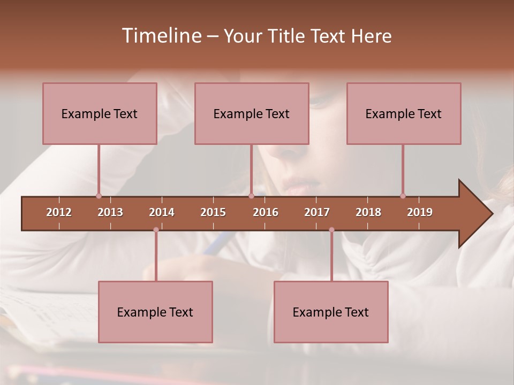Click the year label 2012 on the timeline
coord(59,212)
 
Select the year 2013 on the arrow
coord(110,212)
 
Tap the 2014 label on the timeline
coord(162,212)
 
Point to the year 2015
coord(213,212)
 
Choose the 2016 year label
coord(266,212)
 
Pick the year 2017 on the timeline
coord(317,212)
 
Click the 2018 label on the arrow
coord(368,212)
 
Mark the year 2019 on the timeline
coord(420,212)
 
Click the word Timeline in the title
coord(161,36)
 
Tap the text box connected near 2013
coord(100,113)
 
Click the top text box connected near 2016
coord(252,113)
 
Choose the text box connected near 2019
coord(404,113)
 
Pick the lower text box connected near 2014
coord(155,312)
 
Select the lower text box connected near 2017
coord(331,312)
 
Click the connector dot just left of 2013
coord(99,196)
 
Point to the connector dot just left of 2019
coord(403,196)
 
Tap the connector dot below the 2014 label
coord(156,230)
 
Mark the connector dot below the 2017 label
coord(331,230)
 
